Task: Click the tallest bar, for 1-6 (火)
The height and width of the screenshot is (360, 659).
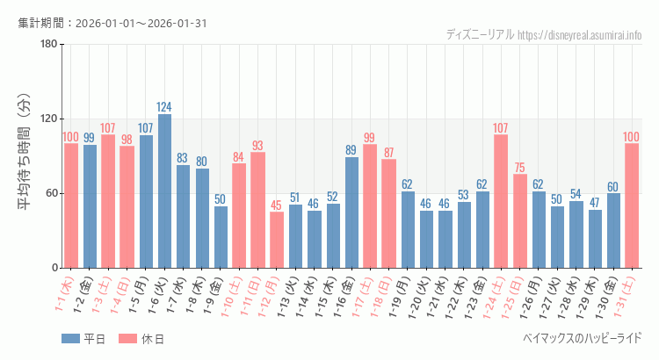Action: (164, 191)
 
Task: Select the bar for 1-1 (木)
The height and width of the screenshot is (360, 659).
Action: (71, 205)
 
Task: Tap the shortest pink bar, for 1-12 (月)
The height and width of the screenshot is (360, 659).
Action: (277, 240)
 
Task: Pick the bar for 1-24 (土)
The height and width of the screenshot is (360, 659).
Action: (501, 201)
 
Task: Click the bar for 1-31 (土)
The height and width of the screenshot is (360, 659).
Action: (631, 205)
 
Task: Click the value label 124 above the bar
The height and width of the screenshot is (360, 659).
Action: (164, 107)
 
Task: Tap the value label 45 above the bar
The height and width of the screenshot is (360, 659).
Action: (277, 205)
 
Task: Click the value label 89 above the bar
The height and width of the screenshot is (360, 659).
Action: (351, 150)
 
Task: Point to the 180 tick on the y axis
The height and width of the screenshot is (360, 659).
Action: (48, 45)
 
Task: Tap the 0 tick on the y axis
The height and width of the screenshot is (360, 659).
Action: (54, 268)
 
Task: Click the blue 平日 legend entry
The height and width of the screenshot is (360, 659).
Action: (83, 339)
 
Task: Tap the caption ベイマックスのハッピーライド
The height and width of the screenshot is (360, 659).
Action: (582, 338)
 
